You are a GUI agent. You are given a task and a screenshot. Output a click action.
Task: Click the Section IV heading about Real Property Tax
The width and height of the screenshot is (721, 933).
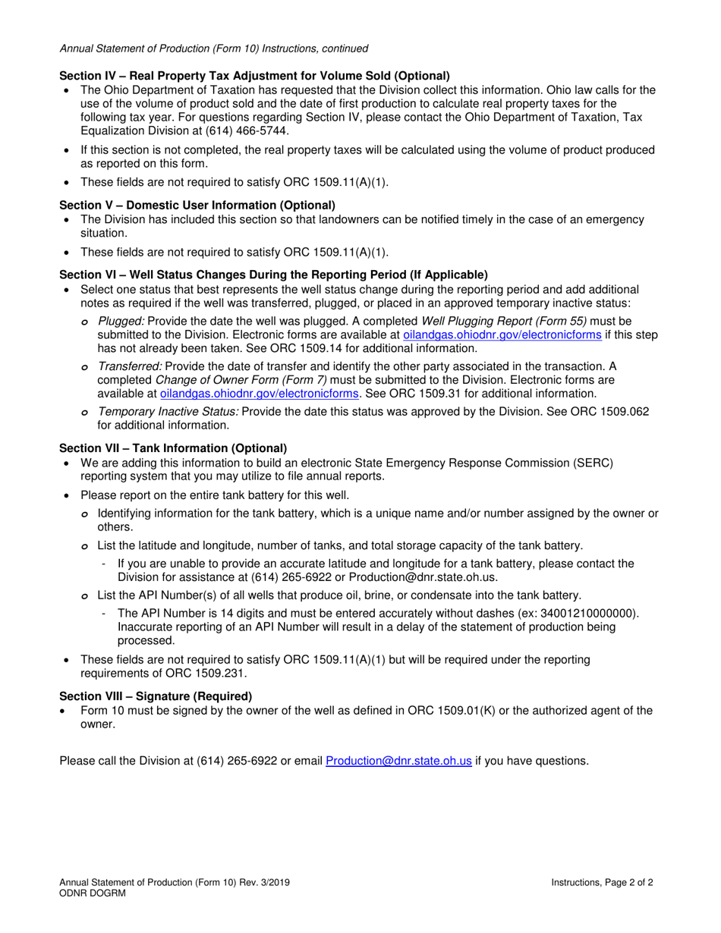[254, 76]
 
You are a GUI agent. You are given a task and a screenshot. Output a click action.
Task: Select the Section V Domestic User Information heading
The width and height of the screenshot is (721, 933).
[197, 206]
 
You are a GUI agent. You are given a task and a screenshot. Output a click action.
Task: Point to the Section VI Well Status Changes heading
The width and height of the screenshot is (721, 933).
[273, 275]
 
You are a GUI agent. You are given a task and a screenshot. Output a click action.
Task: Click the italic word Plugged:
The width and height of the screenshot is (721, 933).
[121, 321]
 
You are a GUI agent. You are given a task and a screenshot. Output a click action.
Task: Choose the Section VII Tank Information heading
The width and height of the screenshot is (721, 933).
[173, 448]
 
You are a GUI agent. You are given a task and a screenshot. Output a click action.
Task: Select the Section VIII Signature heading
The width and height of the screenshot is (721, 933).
[156, 696]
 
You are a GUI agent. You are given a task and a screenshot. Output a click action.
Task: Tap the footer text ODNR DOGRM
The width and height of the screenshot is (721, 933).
[93, 894]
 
